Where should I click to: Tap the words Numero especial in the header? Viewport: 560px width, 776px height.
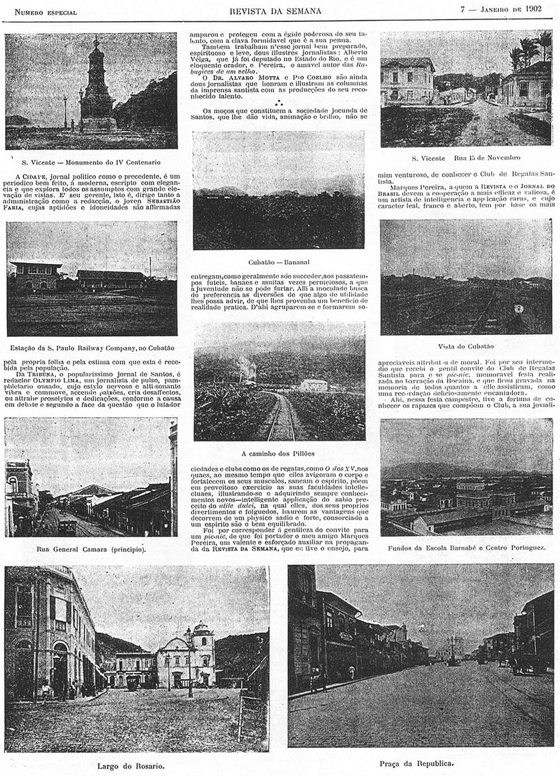click(45, 12)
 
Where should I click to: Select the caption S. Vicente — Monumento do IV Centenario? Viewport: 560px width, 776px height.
click(91, 162)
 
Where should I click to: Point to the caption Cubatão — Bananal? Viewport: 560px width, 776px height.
click(279, 262)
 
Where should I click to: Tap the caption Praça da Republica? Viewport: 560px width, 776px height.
click(416, 763)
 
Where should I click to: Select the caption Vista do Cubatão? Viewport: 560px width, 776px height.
click(465, 346)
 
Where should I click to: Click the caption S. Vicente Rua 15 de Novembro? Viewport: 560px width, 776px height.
click(466, 158)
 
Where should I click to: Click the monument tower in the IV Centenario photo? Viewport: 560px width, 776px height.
click(96, 84)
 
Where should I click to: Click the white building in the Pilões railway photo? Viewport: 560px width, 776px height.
click(314, 385)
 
